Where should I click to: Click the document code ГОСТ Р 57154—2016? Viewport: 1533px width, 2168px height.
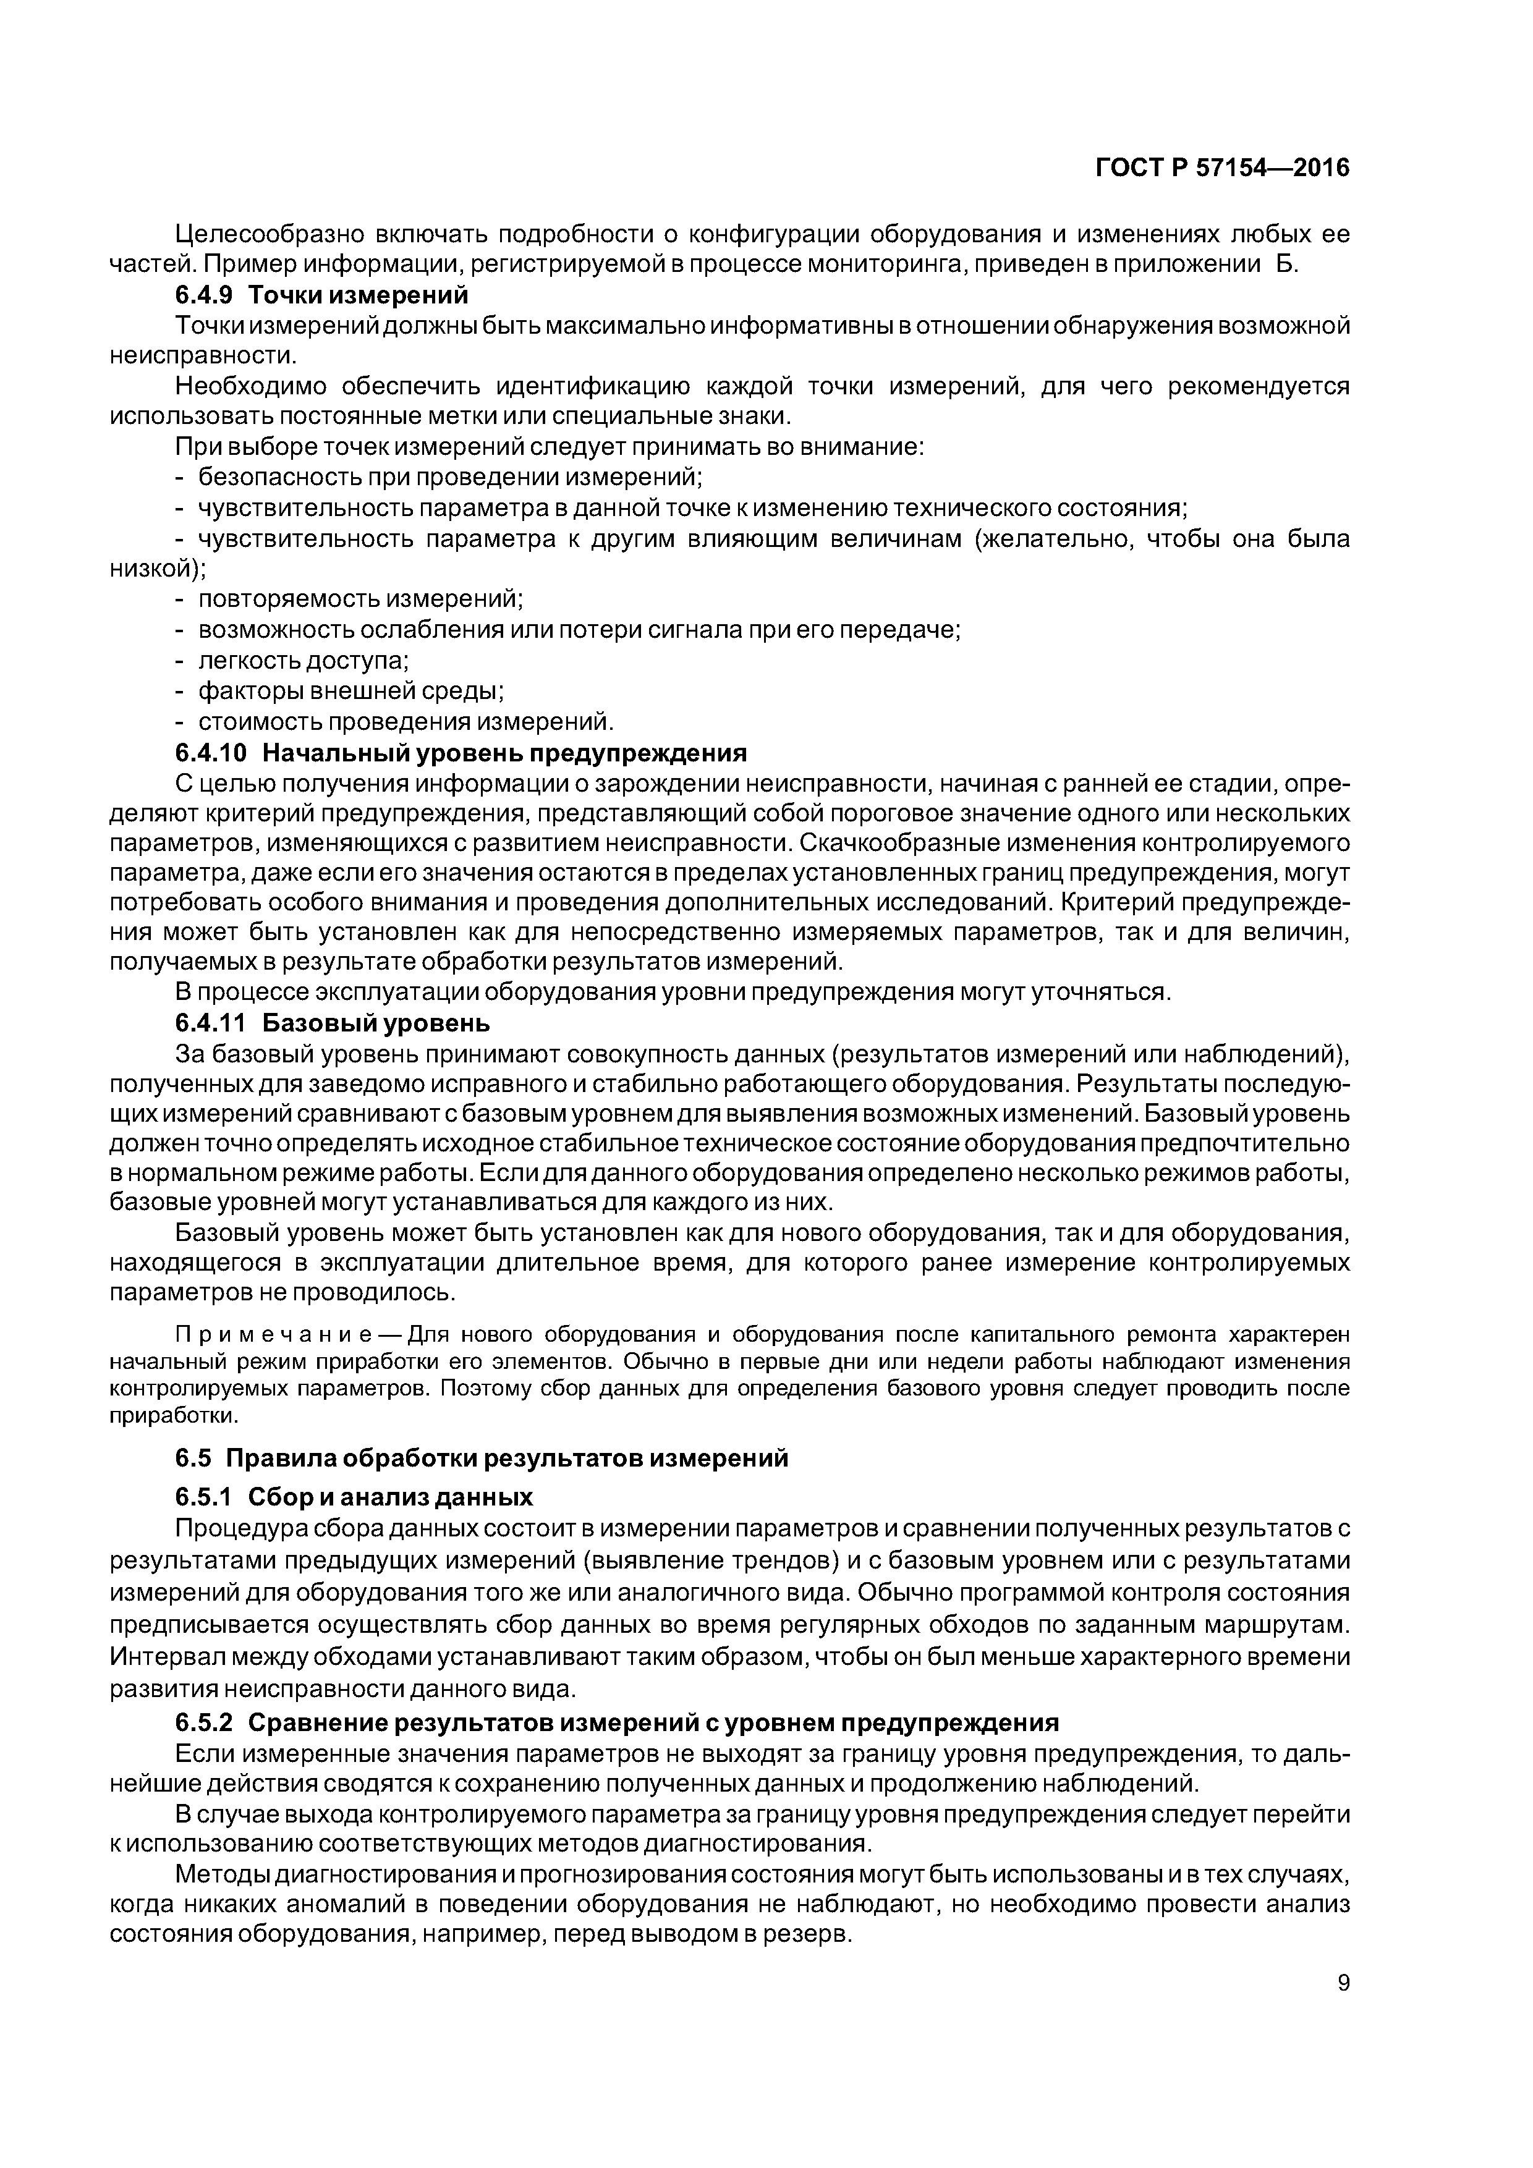(1222, 168)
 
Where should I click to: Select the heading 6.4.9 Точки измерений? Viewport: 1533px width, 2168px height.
(321, 295)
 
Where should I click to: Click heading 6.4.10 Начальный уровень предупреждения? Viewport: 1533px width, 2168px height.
(460, 753)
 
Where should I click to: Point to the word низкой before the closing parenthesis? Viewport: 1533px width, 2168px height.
(149, 569)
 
